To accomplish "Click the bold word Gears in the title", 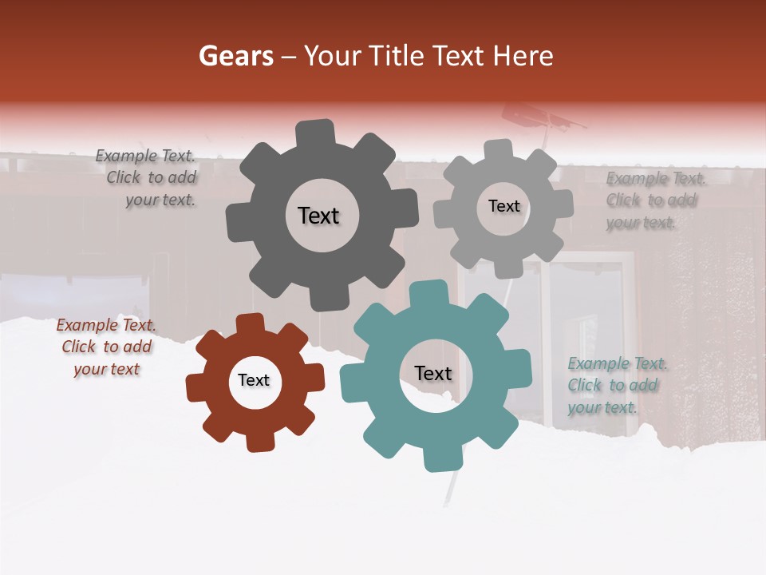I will [x=235, y=56].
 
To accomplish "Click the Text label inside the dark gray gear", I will [x=318, y=216].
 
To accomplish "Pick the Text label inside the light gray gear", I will [x=503, y=206].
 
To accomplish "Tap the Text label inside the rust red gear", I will [x=254, y=381].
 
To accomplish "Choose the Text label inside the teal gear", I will [x=433, y=374].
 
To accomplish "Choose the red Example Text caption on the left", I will [x=106, y=347].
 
